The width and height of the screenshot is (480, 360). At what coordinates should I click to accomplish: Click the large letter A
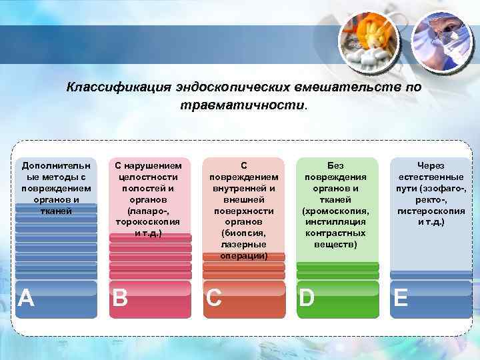point(26,297)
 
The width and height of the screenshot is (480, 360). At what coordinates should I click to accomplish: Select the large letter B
point(120,297)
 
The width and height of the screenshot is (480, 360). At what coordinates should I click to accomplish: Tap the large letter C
point(214,297)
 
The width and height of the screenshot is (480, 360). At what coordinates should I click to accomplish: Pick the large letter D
point(307,297)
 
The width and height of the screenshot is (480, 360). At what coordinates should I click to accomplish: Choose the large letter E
point(401,297)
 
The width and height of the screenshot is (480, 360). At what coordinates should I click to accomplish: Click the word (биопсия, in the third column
point(243,233)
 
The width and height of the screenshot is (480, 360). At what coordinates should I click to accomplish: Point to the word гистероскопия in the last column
point(431,211)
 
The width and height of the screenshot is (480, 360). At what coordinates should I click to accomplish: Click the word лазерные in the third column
point(243,245)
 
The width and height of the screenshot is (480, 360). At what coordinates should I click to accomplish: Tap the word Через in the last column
point(431,165)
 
